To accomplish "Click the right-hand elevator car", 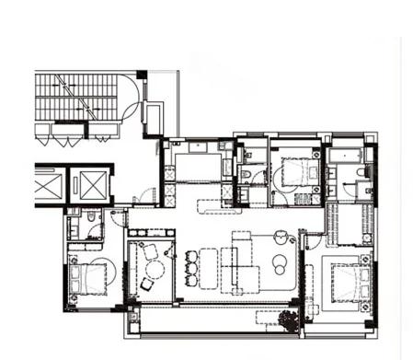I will click(93, 186).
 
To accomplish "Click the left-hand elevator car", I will click(49, 186).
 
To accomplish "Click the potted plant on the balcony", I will click(289, 321).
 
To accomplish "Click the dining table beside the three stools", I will click(209, 268).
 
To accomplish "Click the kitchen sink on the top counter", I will click(200, 146).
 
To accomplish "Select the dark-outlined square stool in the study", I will click(145, 285).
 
